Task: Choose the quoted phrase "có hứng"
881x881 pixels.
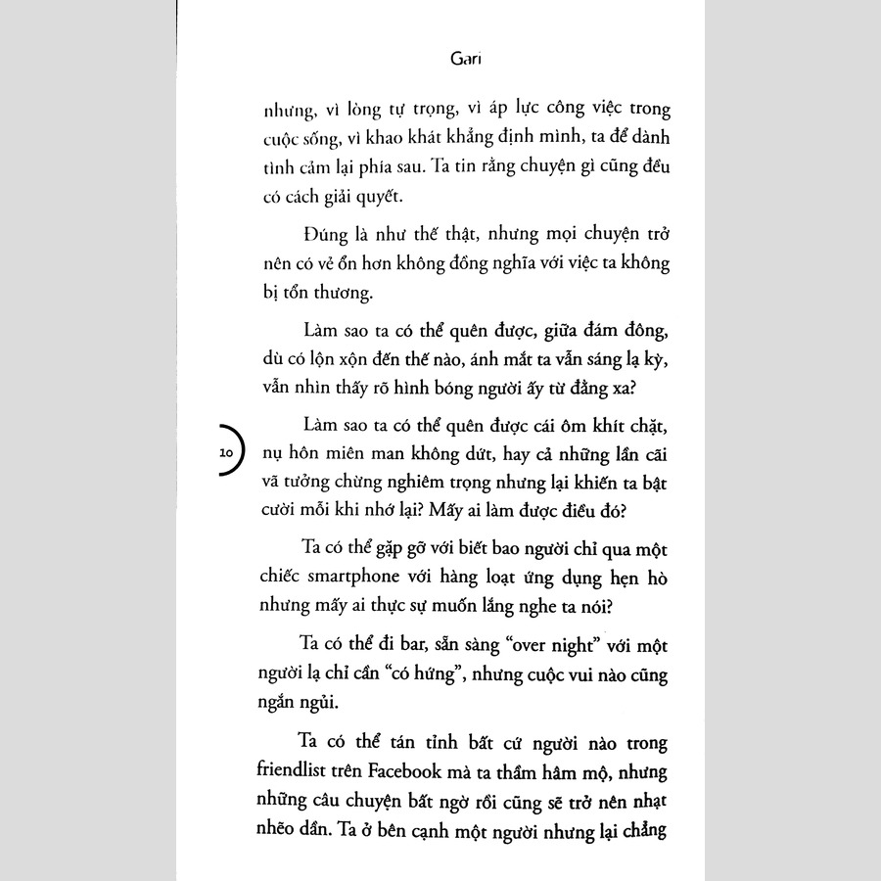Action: (x=412, y=675)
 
